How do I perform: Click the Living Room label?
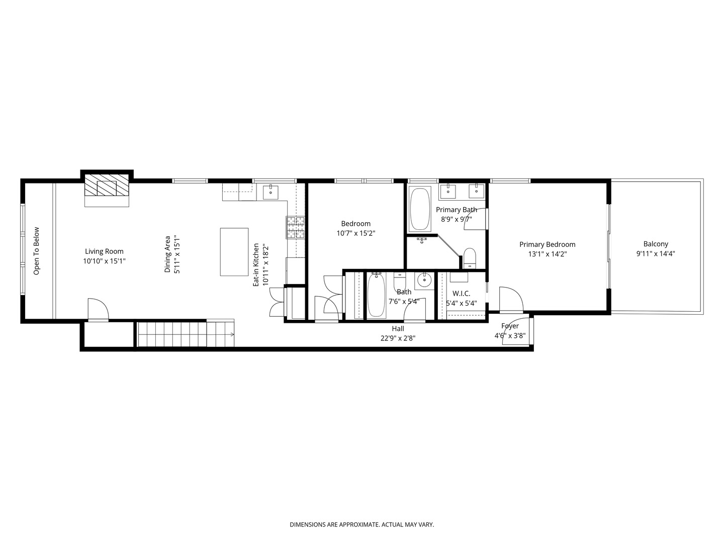click(104, 251)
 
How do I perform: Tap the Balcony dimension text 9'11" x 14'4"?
click(656, 253)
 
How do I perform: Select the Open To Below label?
click(36, 251)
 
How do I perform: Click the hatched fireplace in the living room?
click(107, 185)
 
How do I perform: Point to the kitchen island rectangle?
click(234, 251)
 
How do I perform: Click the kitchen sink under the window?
click(270, 193)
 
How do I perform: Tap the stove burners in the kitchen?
click(295, 227)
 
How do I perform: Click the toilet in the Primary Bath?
click(470, 258)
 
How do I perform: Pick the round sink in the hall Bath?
click(424, 281)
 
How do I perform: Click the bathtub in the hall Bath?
click(377, 296)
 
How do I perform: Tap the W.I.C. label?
click(461, 294)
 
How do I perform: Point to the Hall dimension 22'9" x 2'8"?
click(398, 338)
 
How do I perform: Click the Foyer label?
click(510, 326)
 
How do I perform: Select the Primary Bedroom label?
click(547, 244)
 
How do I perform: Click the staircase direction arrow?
click(232, 335)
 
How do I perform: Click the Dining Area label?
click(167, 254)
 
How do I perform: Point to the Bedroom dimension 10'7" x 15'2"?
click(356, 233)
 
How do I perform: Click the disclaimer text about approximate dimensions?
click(362, 524)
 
